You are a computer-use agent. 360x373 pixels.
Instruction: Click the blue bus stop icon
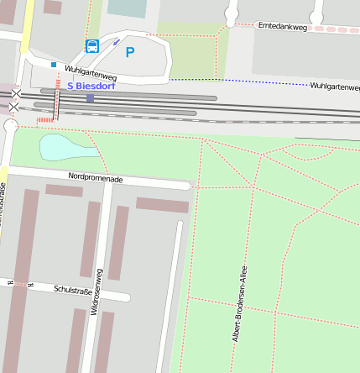coord(91,45)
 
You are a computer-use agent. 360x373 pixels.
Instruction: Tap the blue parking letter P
coord(129,52)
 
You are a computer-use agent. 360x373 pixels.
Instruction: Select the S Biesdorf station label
coord(93,86)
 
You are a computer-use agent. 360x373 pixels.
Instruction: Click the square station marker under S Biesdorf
coord(90,98)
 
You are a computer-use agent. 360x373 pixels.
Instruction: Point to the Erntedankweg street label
coord(282,26)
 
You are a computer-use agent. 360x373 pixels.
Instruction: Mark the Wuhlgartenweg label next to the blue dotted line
coord(334,87)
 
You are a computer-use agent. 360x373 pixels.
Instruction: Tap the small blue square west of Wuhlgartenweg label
coord(54,64)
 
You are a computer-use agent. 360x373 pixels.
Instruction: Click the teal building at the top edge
coord(126,8)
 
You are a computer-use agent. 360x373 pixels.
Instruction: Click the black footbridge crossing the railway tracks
coord(57,105)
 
